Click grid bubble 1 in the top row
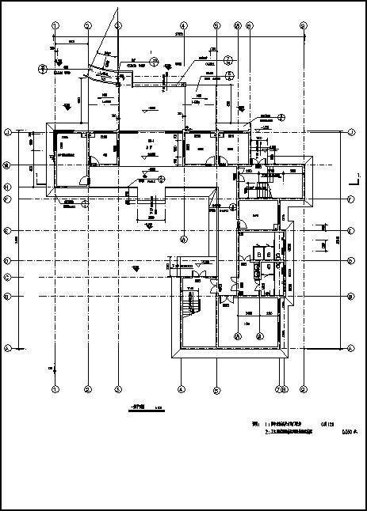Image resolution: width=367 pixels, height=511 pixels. [55, 25]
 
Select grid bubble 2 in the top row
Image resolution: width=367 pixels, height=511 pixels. [88, 25]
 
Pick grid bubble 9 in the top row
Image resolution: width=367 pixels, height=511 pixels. [304, 25]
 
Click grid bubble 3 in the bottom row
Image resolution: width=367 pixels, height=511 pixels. [117, 389]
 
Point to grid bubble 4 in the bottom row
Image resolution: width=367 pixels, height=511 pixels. [182, 389]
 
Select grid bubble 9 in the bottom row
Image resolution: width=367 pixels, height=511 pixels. [304, 389]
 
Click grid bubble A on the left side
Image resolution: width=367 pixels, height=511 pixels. [8, 348]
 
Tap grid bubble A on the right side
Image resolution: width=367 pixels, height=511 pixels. [350, 348]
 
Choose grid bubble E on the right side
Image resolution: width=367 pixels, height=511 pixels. [350, 231]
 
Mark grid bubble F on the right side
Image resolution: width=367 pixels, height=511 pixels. [350, 199]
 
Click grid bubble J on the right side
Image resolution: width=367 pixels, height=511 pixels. [350, 132]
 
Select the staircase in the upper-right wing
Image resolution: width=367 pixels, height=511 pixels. [260, 191]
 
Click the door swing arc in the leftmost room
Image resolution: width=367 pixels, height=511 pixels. [94, 161]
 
